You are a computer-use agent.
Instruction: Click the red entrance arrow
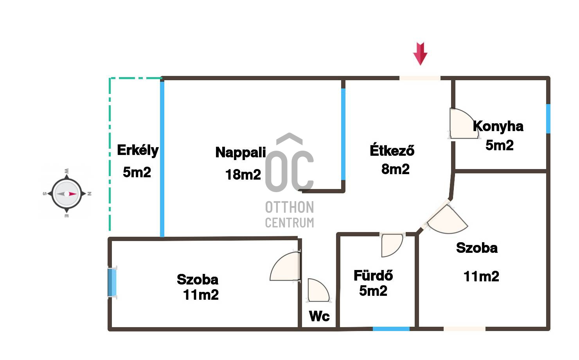point(420,54)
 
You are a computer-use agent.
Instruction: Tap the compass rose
point(67,193)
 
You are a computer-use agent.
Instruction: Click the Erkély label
point(138,151)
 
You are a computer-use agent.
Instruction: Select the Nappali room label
point(241,152)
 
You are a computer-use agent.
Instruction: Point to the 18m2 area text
point(243,174)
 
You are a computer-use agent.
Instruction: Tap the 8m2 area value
point(396,169)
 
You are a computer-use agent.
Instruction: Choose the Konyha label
point(498,126)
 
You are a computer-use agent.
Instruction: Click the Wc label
point(319,316)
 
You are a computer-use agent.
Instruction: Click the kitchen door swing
point(463,124)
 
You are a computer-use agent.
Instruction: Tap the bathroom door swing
point(392,245)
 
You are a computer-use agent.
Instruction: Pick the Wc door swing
point(318,290)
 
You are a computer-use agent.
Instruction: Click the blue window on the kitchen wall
point(548,119)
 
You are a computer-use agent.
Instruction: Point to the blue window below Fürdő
point(391,329)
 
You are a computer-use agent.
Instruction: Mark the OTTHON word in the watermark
point(289,207)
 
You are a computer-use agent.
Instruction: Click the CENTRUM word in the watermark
point(289,223)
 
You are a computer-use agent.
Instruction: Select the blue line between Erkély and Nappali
point(162,159)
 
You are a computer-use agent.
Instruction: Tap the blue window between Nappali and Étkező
point(343,134)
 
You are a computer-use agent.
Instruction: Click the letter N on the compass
point(90,194)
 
